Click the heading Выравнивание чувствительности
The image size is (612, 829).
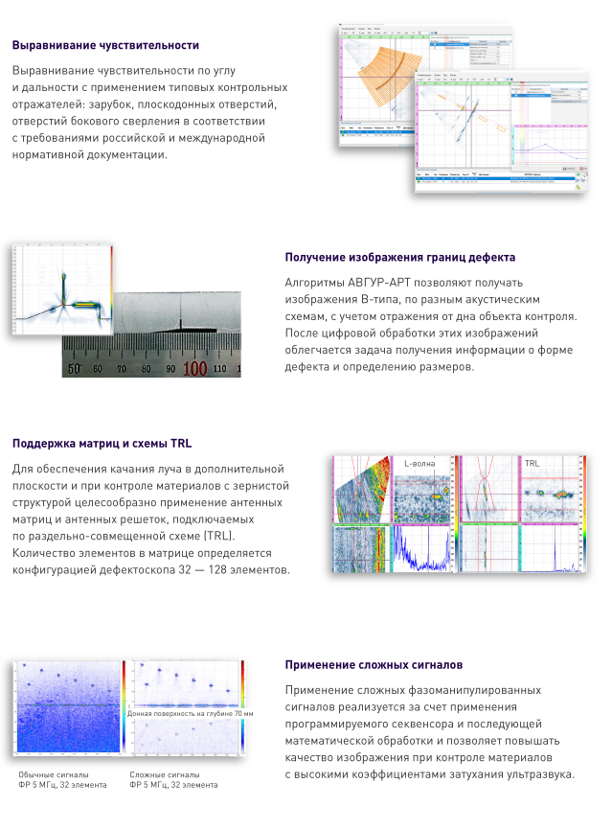point(105,45)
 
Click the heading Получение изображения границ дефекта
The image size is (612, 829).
point(400,257)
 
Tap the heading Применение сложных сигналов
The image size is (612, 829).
point(374,664)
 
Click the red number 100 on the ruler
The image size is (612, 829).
point(194,367)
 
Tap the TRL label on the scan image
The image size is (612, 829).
point(533,463)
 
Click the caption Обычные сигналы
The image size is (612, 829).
point(54,774)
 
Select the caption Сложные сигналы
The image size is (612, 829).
point(165,774)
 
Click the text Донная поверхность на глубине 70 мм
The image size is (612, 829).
point(190,714)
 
